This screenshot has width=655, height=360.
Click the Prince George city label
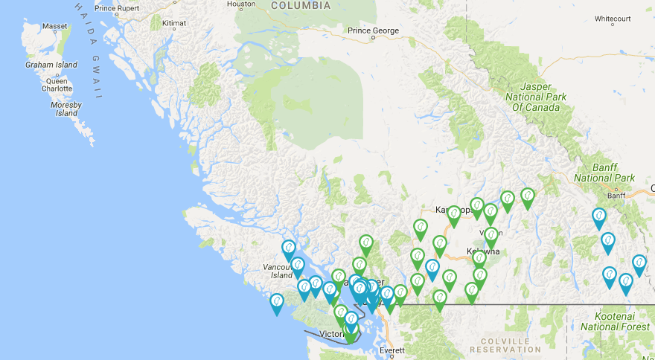(x=374, y=30)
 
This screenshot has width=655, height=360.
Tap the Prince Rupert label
(x=117, y=9)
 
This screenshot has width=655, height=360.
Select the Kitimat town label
(x=173, y=24)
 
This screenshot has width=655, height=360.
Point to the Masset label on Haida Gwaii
(x=54, y=26)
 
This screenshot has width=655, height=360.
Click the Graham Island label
(x=51, y=65)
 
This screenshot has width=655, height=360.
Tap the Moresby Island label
(x=66, y=109)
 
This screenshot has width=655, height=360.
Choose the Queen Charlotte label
(x=57, y=84)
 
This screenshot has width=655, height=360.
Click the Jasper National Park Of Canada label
(x=535, y=97)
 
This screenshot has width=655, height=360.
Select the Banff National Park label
(x=604, y=173)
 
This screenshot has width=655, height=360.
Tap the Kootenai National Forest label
(x=615, y=321)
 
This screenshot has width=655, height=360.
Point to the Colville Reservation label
(x=505, y=345)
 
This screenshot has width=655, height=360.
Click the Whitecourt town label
(x=613, y=19)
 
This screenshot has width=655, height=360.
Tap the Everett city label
(x=392, y=350)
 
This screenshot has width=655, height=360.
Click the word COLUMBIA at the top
(x=301, y=5)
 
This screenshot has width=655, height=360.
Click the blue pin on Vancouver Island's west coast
(x=277, y=302)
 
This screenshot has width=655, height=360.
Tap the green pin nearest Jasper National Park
(x=528, y=197)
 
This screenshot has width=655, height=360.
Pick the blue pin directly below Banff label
(x=599, y=218)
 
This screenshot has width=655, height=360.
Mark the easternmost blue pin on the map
(x=639, y=264)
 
